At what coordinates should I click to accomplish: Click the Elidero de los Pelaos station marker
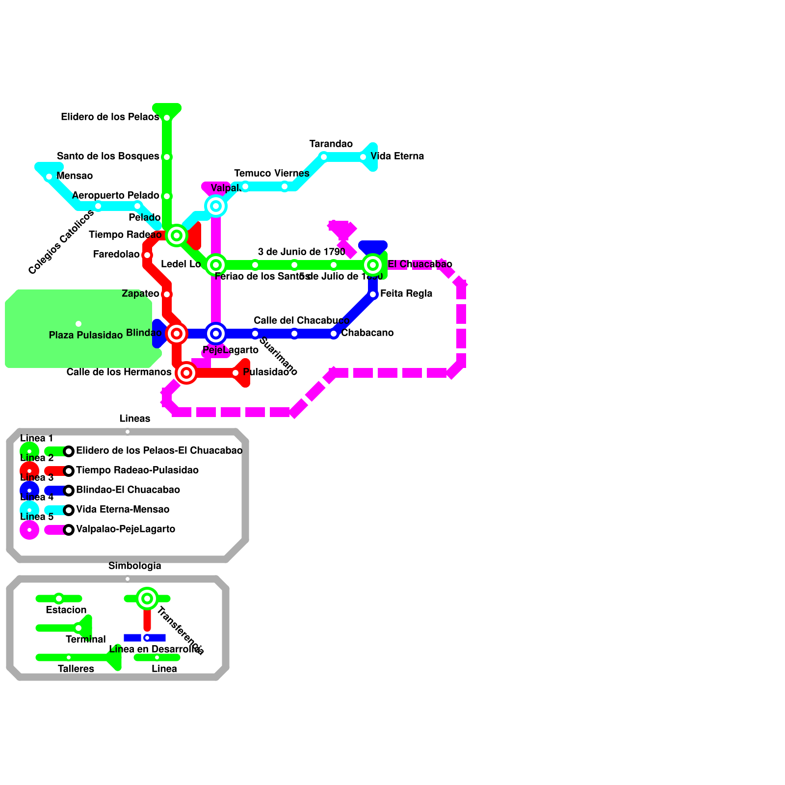pos(167,118)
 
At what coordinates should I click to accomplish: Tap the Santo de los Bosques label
pos(108,157)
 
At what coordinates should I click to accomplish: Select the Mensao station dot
pos(49,177)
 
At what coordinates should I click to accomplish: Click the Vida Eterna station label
pos(397,157)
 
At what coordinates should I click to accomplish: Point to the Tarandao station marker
pos(324,157)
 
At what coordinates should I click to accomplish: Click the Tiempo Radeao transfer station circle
pos(177,235)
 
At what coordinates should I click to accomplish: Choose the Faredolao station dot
pos(147,255)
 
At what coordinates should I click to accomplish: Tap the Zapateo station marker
pos(167,294)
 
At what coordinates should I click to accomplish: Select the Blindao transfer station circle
pos(177,334)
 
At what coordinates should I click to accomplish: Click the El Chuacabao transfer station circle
pos(373,265)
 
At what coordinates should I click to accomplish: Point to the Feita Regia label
pos(406,294)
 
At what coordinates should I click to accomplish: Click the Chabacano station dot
pos(334,334)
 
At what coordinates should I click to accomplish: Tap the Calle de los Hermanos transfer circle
pos(186,373)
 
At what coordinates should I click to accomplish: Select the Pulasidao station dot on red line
pos(235,373)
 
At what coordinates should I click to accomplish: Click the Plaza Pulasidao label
pos(86,336)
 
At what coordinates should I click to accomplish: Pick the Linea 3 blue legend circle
pos(29,491)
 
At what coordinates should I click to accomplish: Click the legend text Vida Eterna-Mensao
pos(123,510)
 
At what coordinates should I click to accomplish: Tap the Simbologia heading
pos(135,566)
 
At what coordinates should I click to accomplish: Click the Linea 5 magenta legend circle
pos(29,530)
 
